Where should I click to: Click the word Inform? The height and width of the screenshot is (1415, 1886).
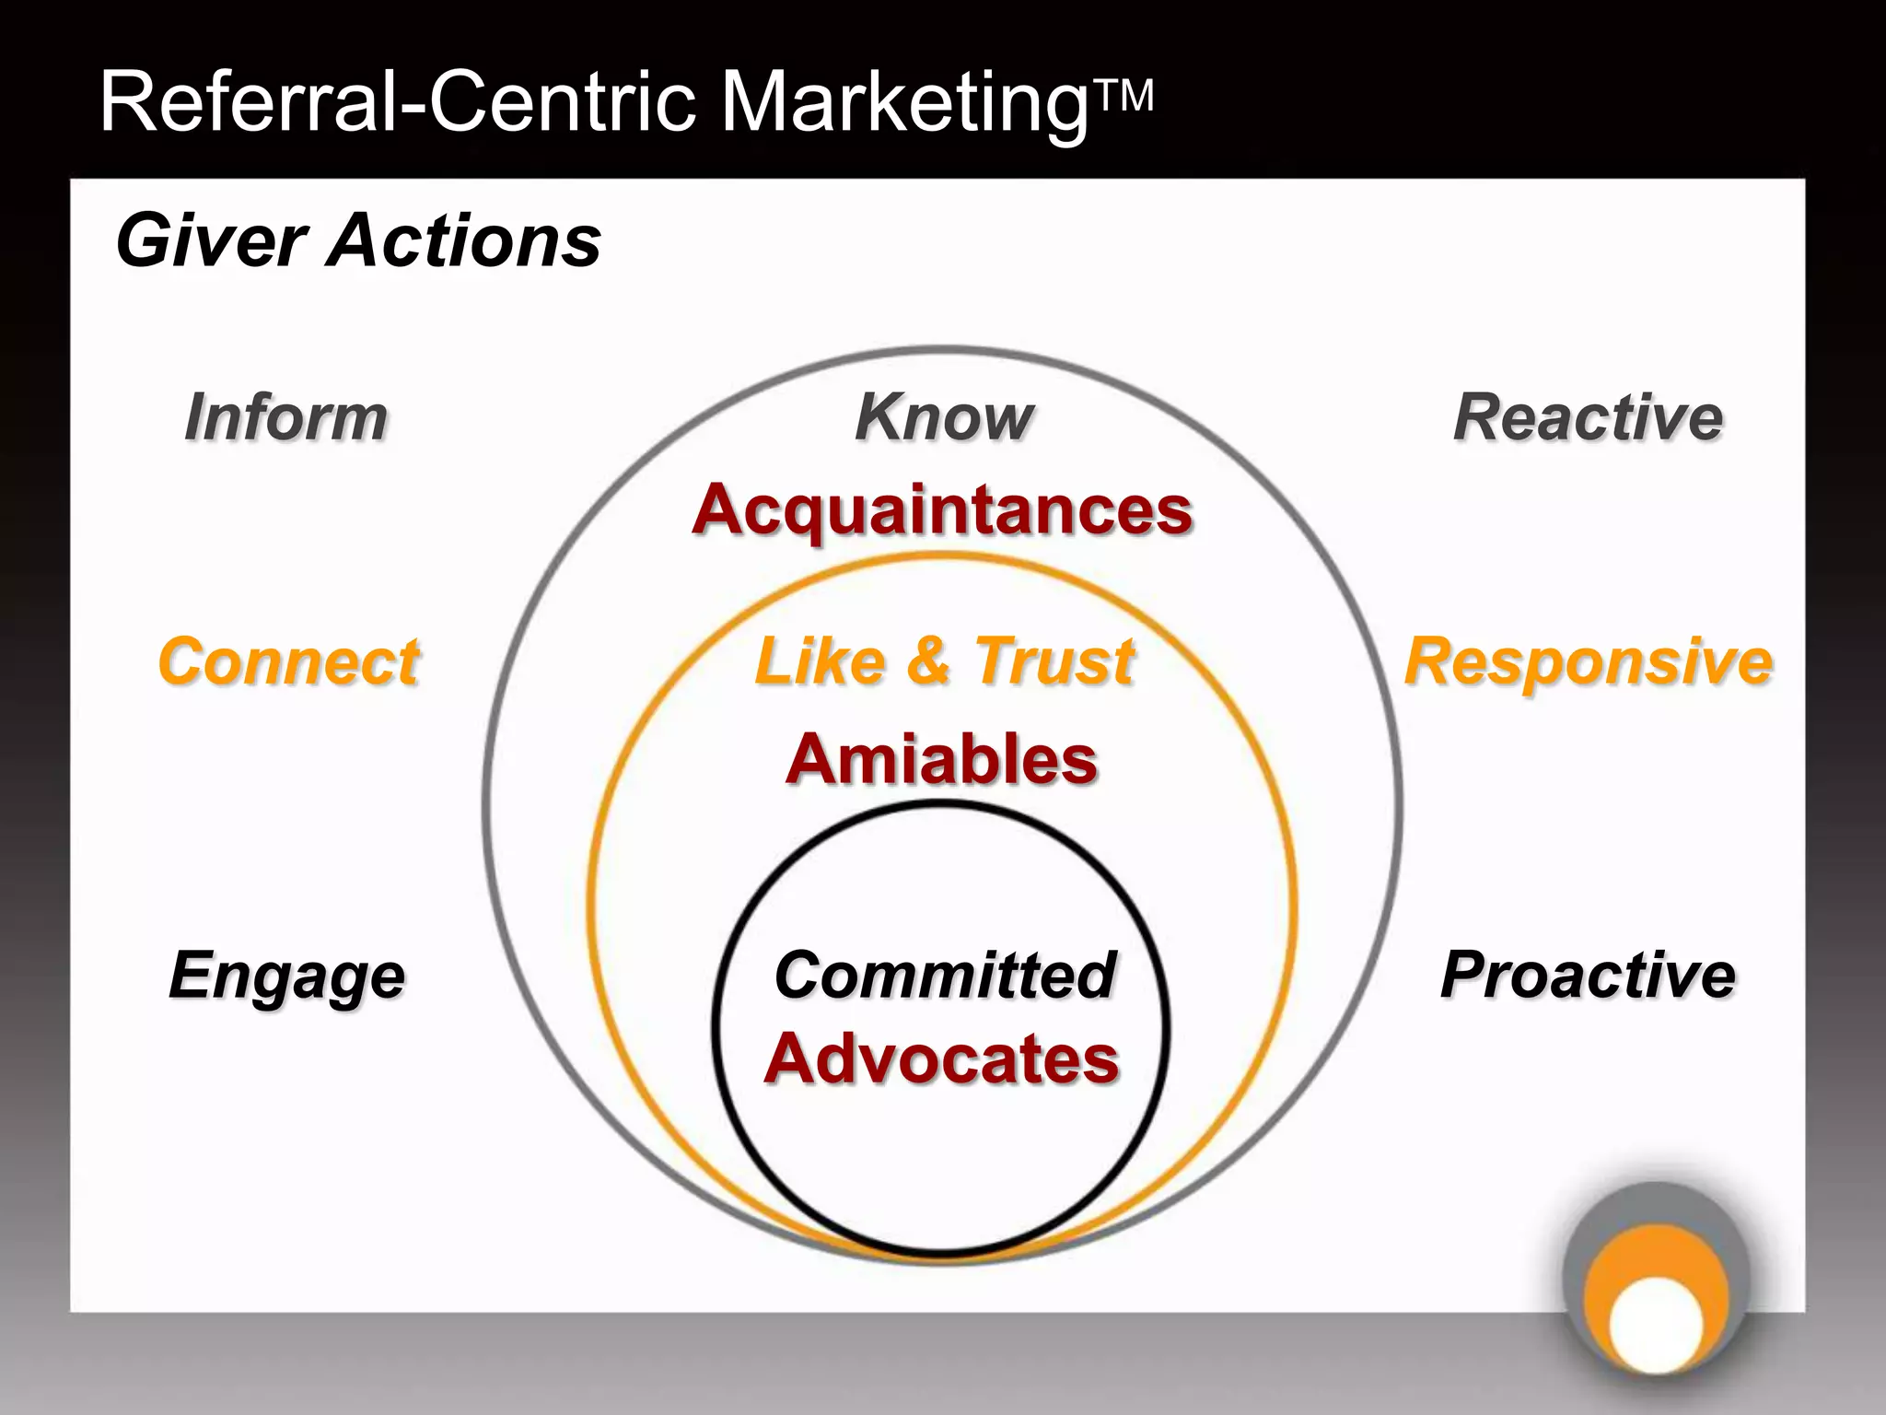tap(285, 417)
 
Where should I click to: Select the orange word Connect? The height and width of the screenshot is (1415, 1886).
tap(288, 661)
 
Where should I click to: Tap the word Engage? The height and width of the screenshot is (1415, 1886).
tap(286, 976)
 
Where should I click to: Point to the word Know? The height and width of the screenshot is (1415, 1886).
tap(944, 417)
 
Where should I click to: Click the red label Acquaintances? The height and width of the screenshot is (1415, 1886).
tap(942, 509)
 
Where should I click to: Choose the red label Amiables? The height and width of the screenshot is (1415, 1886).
tap(942, 759)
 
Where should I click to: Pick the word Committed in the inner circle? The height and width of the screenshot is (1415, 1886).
tap(945, 975)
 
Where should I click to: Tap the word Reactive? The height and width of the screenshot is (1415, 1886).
tap(1588, 417)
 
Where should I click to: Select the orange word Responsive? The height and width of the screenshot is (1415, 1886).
tap(1588, 661)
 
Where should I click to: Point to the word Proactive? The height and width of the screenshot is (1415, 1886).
tap(1588, 975)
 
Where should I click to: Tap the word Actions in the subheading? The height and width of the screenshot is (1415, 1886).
tap(465, 241)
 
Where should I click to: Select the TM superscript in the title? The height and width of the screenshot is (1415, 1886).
tap(1123, 96)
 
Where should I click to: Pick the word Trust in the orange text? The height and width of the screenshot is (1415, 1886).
tap(1054, 661)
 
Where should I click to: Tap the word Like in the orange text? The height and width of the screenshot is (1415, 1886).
tap(820, 661)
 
